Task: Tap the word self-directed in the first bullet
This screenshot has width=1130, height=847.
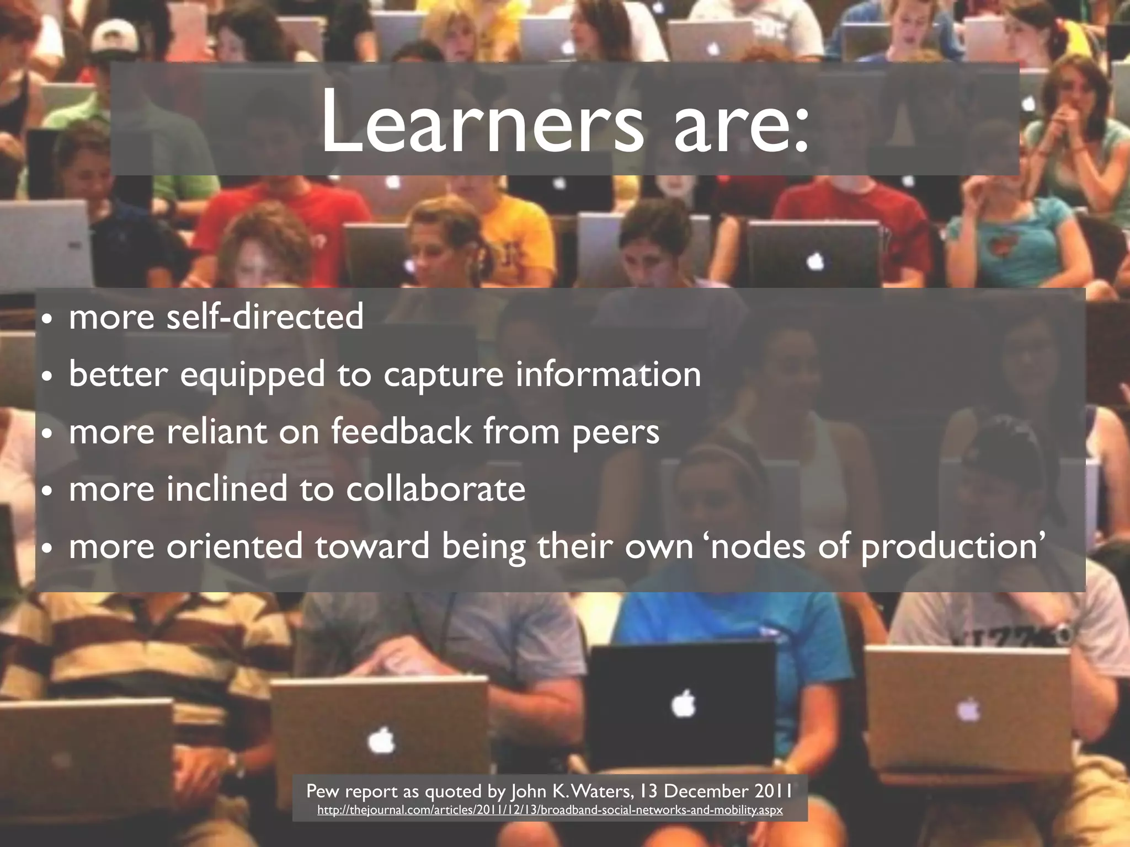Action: point(265,317)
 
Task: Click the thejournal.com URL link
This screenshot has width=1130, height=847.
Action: point(550,810)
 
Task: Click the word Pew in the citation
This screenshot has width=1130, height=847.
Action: point(321,791)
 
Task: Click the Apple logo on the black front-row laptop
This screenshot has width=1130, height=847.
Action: point(684,704)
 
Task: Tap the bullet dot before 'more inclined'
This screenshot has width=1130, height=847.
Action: point(48,491)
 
